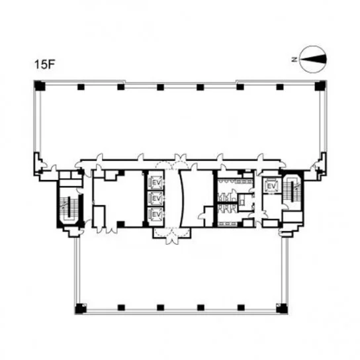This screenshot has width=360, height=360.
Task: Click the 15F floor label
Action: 44,64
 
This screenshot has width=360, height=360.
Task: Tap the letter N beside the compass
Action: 294,60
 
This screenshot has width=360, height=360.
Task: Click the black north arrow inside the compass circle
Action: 313,60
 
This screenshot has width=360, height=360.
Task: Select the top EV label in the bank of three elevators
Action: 157,183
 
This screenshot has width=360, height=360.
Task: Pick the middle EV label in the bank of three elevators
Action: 157,198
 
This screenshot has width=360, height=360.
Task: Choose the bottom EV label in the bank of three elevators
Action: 157,214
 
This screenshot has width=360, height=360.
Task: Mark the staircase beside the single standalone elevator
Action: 292,191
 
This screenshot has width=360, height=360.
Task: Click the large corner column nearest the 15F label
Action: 40,86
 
